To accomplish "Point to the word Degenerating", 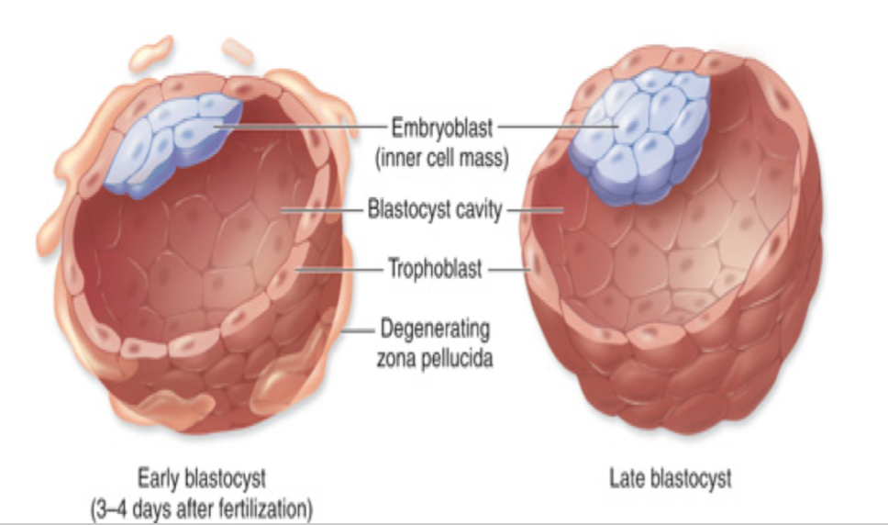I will (435, 328).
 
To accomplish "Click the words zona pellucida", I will (435, 358).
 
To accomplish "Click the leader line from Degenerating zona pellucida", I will (358, 328).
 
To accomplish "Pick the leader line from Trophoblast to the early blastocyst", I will (339, 270).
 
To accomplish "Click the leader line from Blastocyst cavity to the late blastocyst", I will (536, 211).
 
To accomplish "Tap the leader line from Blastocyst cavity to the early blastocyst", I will (321, 211).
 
